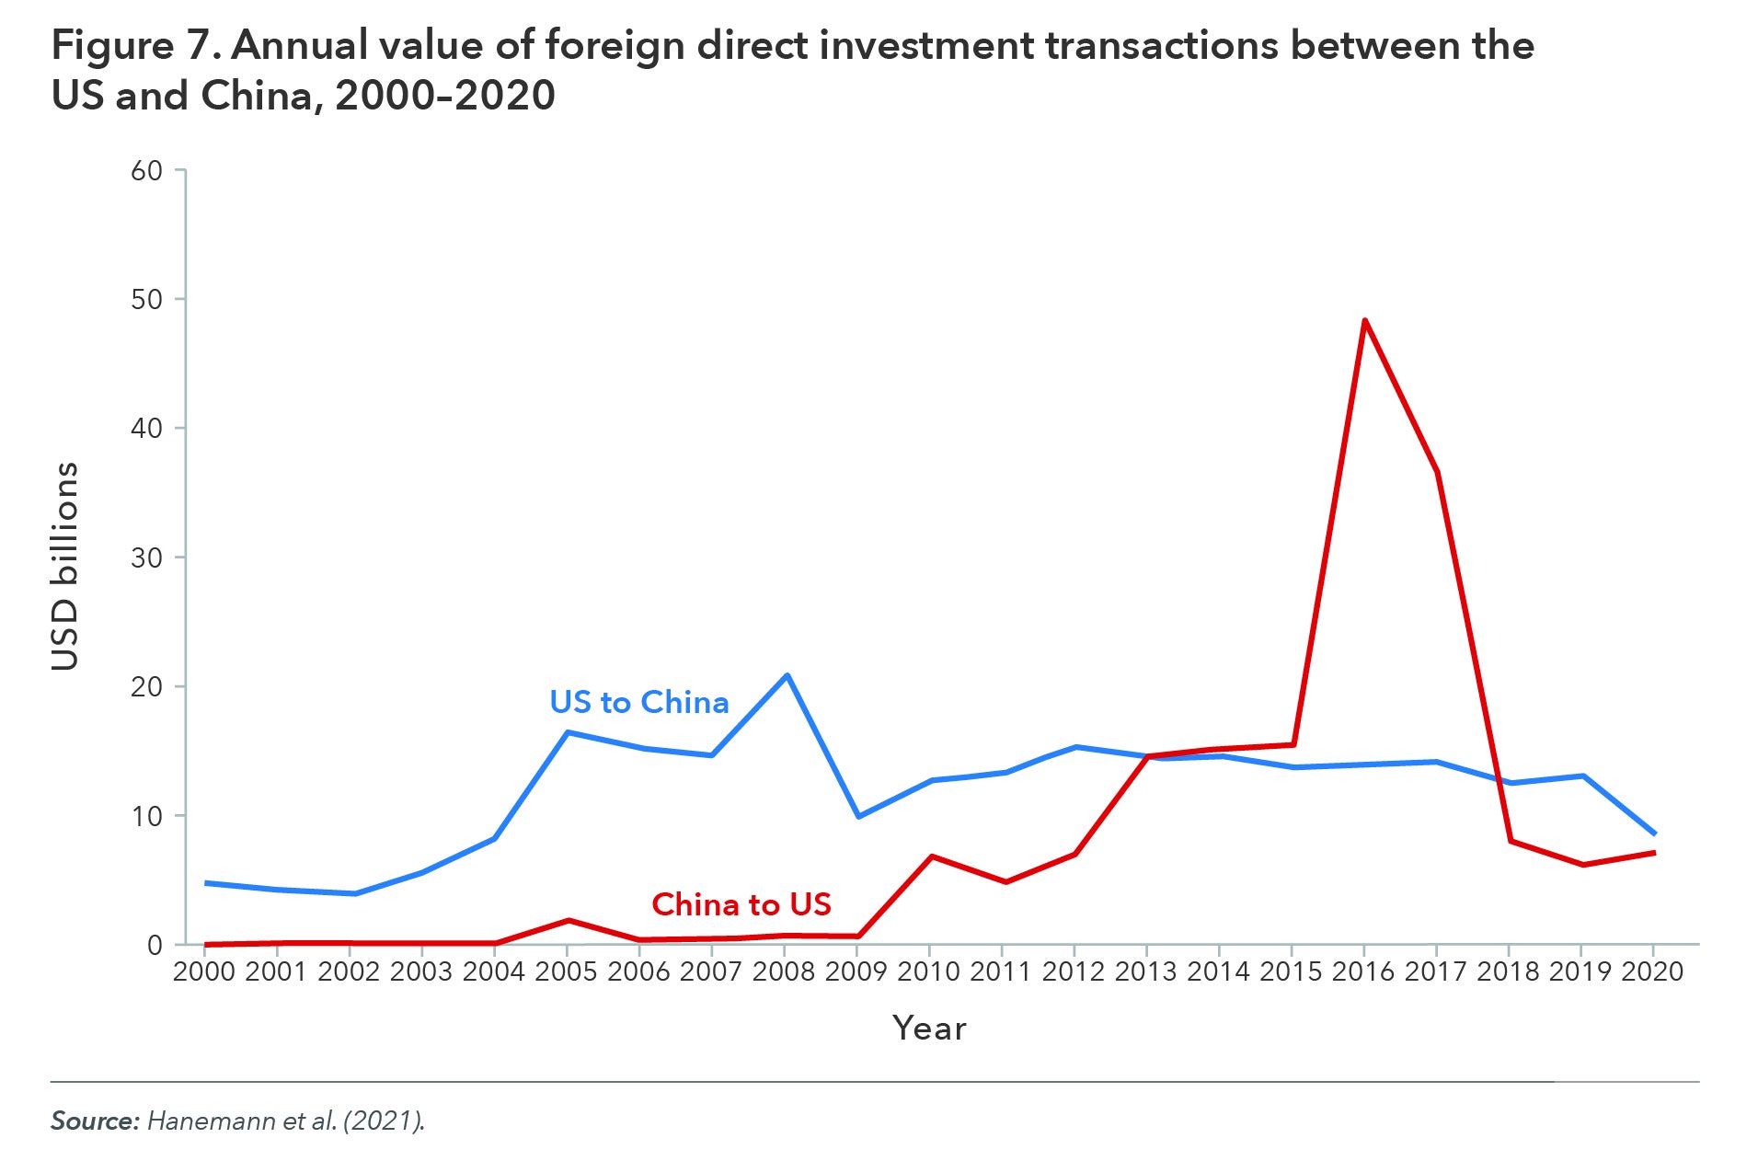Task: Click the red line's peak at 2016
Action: click(x=1364, y=320)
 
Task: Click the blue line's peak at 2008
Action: click(x=787, y=675)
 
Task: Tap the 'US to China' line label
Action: click(x=638, y=702)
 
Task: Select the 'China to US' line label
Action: click(x=741, y=904)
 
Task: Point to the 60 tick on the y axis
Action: click(x=146, y=171)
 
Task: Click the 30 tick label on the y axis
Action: click(x=146, y=558)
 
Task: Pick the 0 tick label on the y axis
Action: click(x=154, y=946)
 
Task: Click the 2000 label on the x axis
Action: click(x=204, y=971)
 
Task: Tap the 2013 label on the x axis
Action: click(x=1145, y=971)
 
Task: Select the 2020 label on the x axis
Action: click(x=1652, y=971)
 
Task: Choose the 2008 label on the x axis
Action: click(x=784, y=971)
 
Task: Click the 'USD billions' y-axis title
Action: click(x=65, y=566)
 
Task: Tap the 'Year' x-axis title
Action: click(x=929, y=1028)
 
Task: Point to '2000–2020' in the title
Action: click(x=445, y=96)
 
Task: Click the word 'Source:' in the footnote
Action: click(x=95, y=1121)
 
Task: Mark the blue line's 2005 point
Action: click(x=568, y=732)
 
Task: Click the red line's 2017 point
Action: click(x=1436, y=472)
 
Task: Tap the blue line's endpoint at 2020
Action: click(x=1654, y=833)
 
